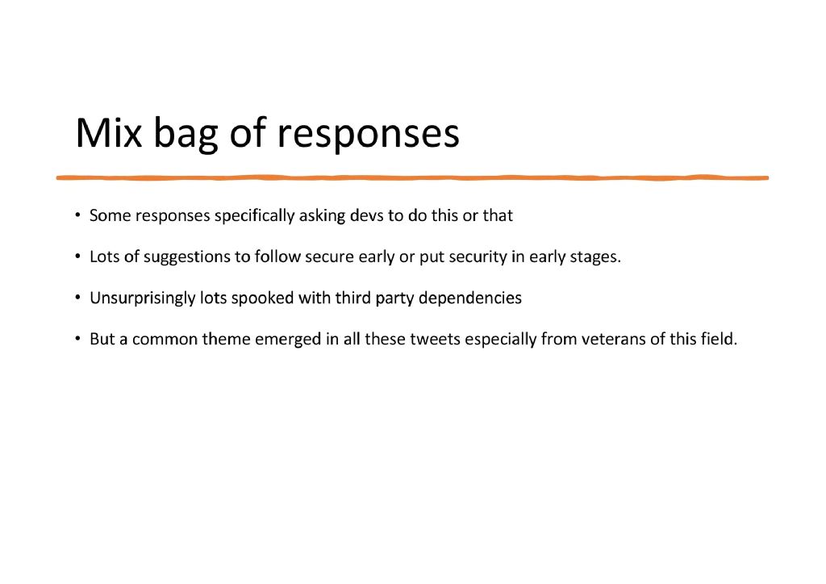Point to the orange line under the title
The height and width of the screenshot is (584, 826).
[x=412, y=177]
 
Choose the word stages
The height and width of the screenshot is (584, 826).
[x=596, y=257]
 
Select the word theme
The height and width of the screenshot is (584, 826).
[x=226, y=340]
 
